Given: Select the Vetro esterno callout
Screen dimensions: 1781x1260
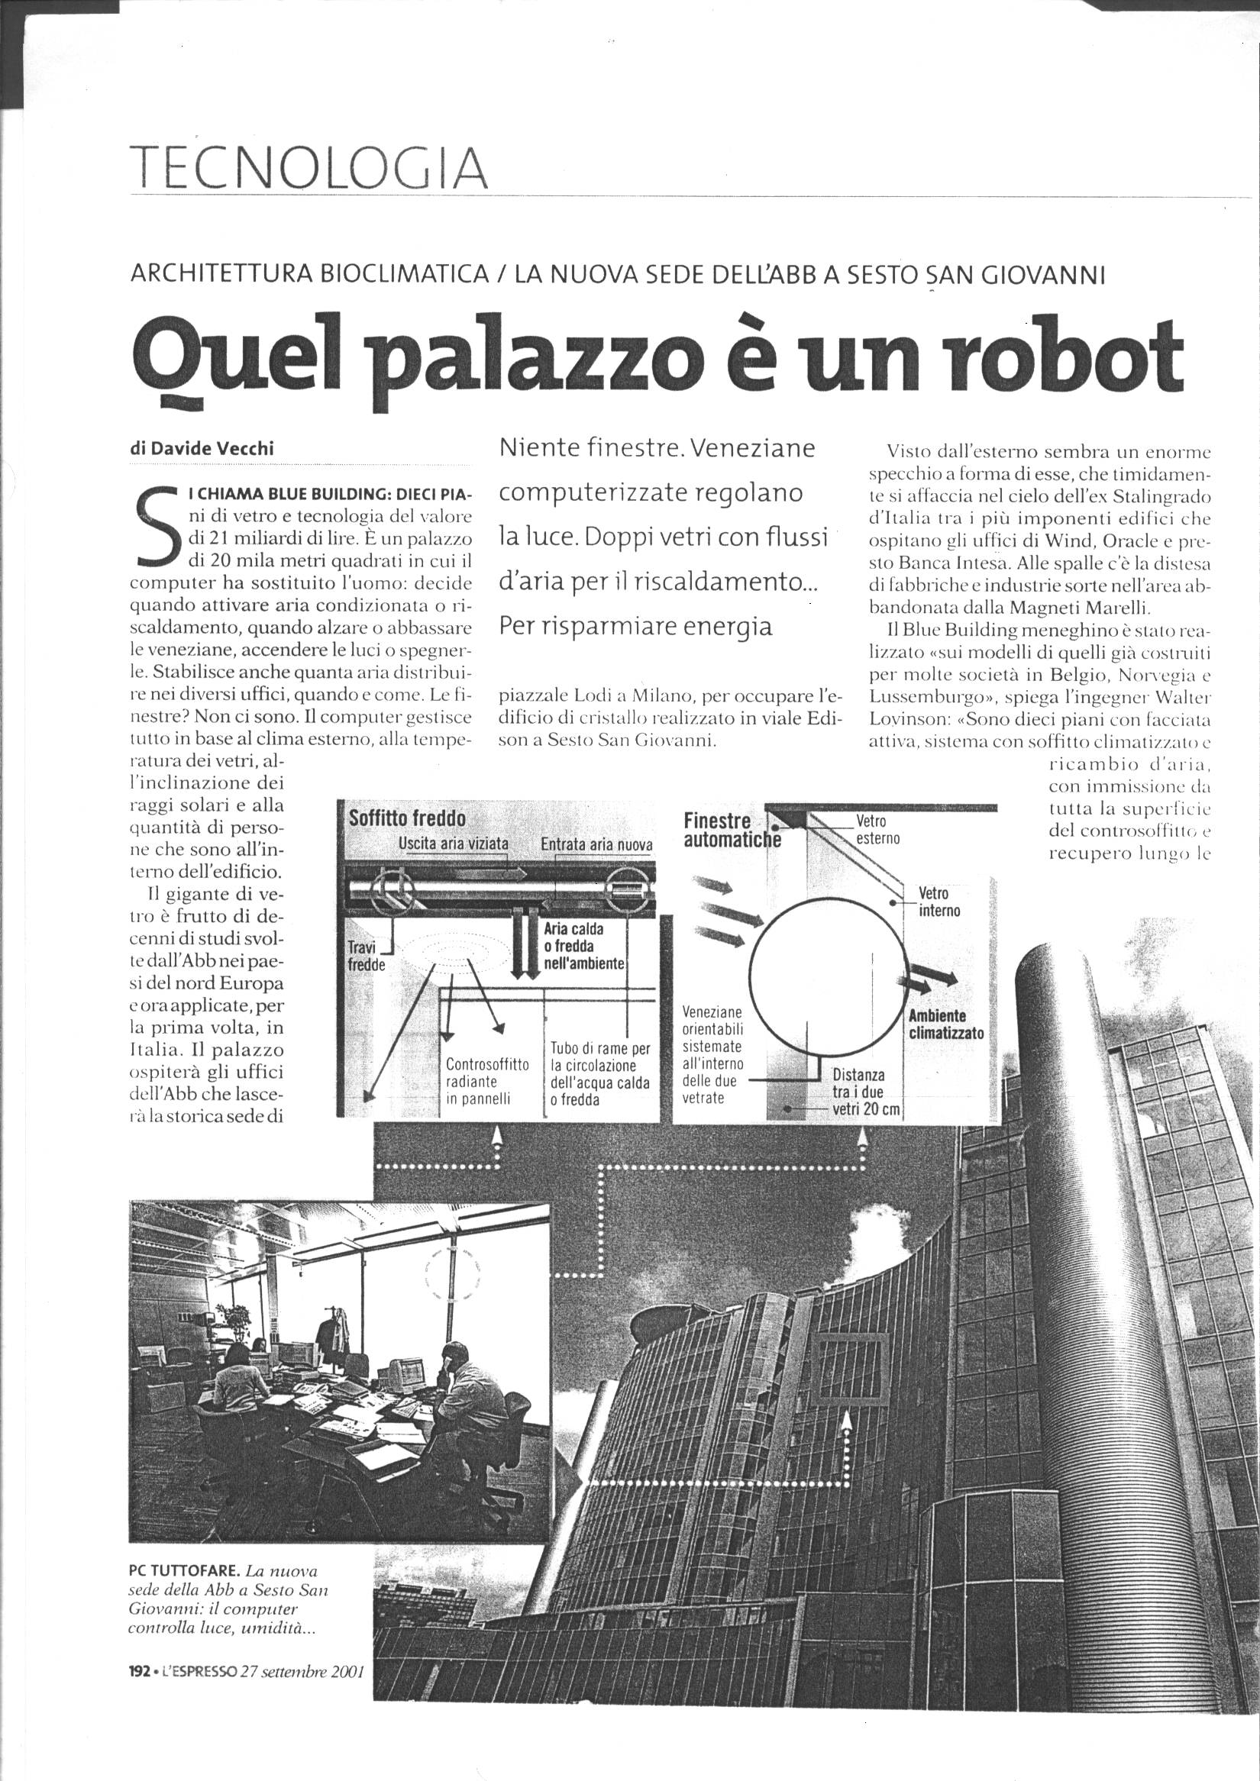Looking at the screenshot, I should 877,829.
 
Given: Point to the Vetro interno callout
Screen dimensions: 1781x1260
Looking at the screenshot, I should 939,902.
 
